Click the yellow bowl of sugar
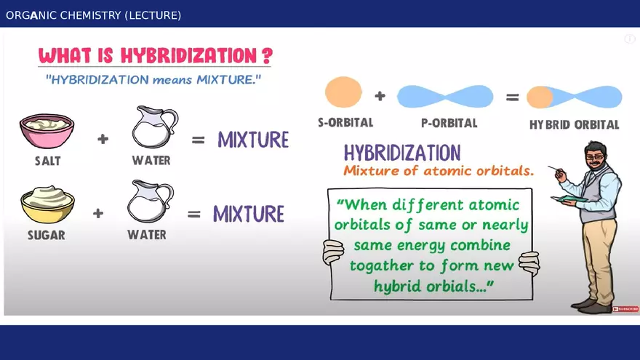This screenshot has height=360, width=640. coord(47,204)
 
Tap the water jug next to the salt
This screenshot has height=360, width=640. coord(153,128)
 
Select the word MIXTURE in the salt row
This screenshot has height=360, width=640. coord(253,140)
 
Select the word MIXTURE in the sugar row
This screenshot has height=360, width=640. coord(248,214)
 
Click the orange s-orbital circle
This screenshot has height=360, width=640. coord(343,94)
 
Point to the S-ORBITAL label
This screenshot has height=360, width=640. coord(345,123)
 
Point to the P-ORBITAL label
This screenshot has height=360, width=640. coord(449,123)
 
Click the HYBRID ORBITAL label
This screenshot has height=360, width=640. coord(574,124)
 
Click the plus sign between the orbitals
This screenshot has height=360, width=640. coord(380,95)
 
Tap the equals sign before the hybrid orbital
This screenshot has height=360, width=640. coord(512,96)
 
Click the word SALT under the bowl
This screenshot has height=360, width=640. coord(47,161)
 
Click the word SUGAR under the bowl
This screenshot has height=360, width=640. coord(46,235)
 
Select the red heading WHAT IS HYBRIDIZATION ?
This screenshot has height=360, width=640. coord(156,56)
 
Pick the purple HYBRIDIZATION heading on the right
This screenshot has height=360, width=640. coord(401,153)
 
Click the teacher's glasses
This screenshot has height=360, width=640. coord(595,157)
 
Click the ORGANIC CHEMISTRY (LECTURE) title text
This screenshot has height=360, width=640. coord(93,15)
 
